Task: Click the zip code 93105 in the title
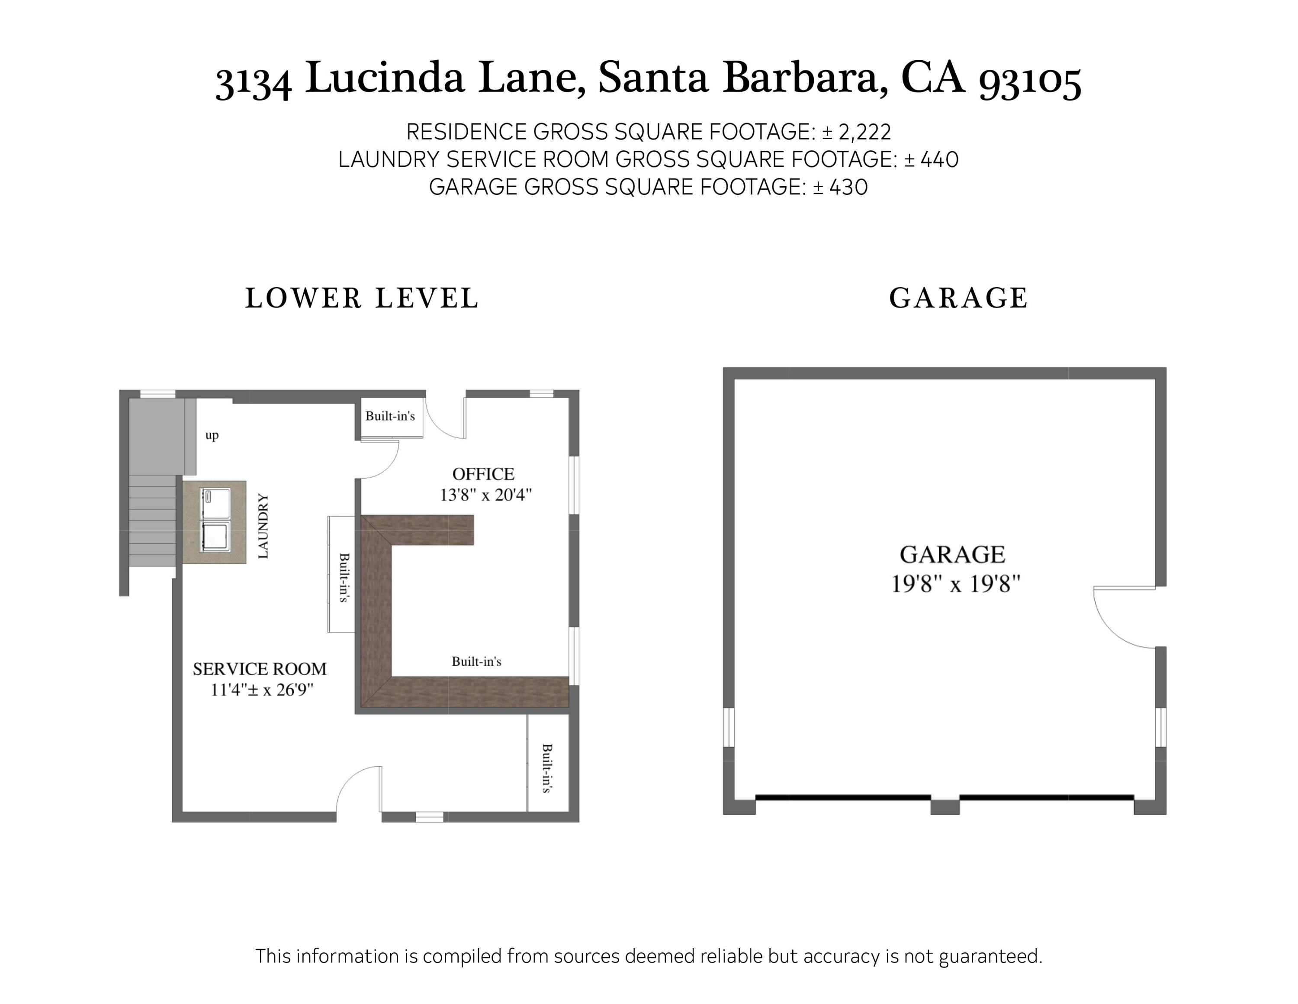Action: tap(1029, 80)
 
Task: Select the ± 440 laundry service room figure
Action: tap(931, 159)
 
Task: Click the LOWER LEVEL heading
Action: tap(362, 298)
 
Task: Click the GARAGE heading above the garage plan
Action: tap(958, 298)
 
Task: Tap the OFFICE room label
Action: tap(483, 474)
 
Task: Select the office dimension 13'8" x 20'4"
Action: tap(485, 495)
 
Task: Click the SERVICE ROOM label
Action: tap(260, 669)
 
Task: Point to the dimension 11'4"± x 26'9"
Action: tap(262, 690)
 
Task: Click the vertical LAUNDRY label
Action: tap(263, 526)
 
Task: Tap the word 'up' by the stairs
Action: tap(212, 435)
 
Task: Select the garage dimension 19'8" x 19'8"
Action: tap(955, 584)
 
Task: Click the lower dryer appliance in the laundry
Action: tap(215, 535)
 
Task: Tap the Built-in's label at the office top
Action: tap(390, 416)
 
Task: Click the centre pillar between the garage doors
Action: tap(945, 806)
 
